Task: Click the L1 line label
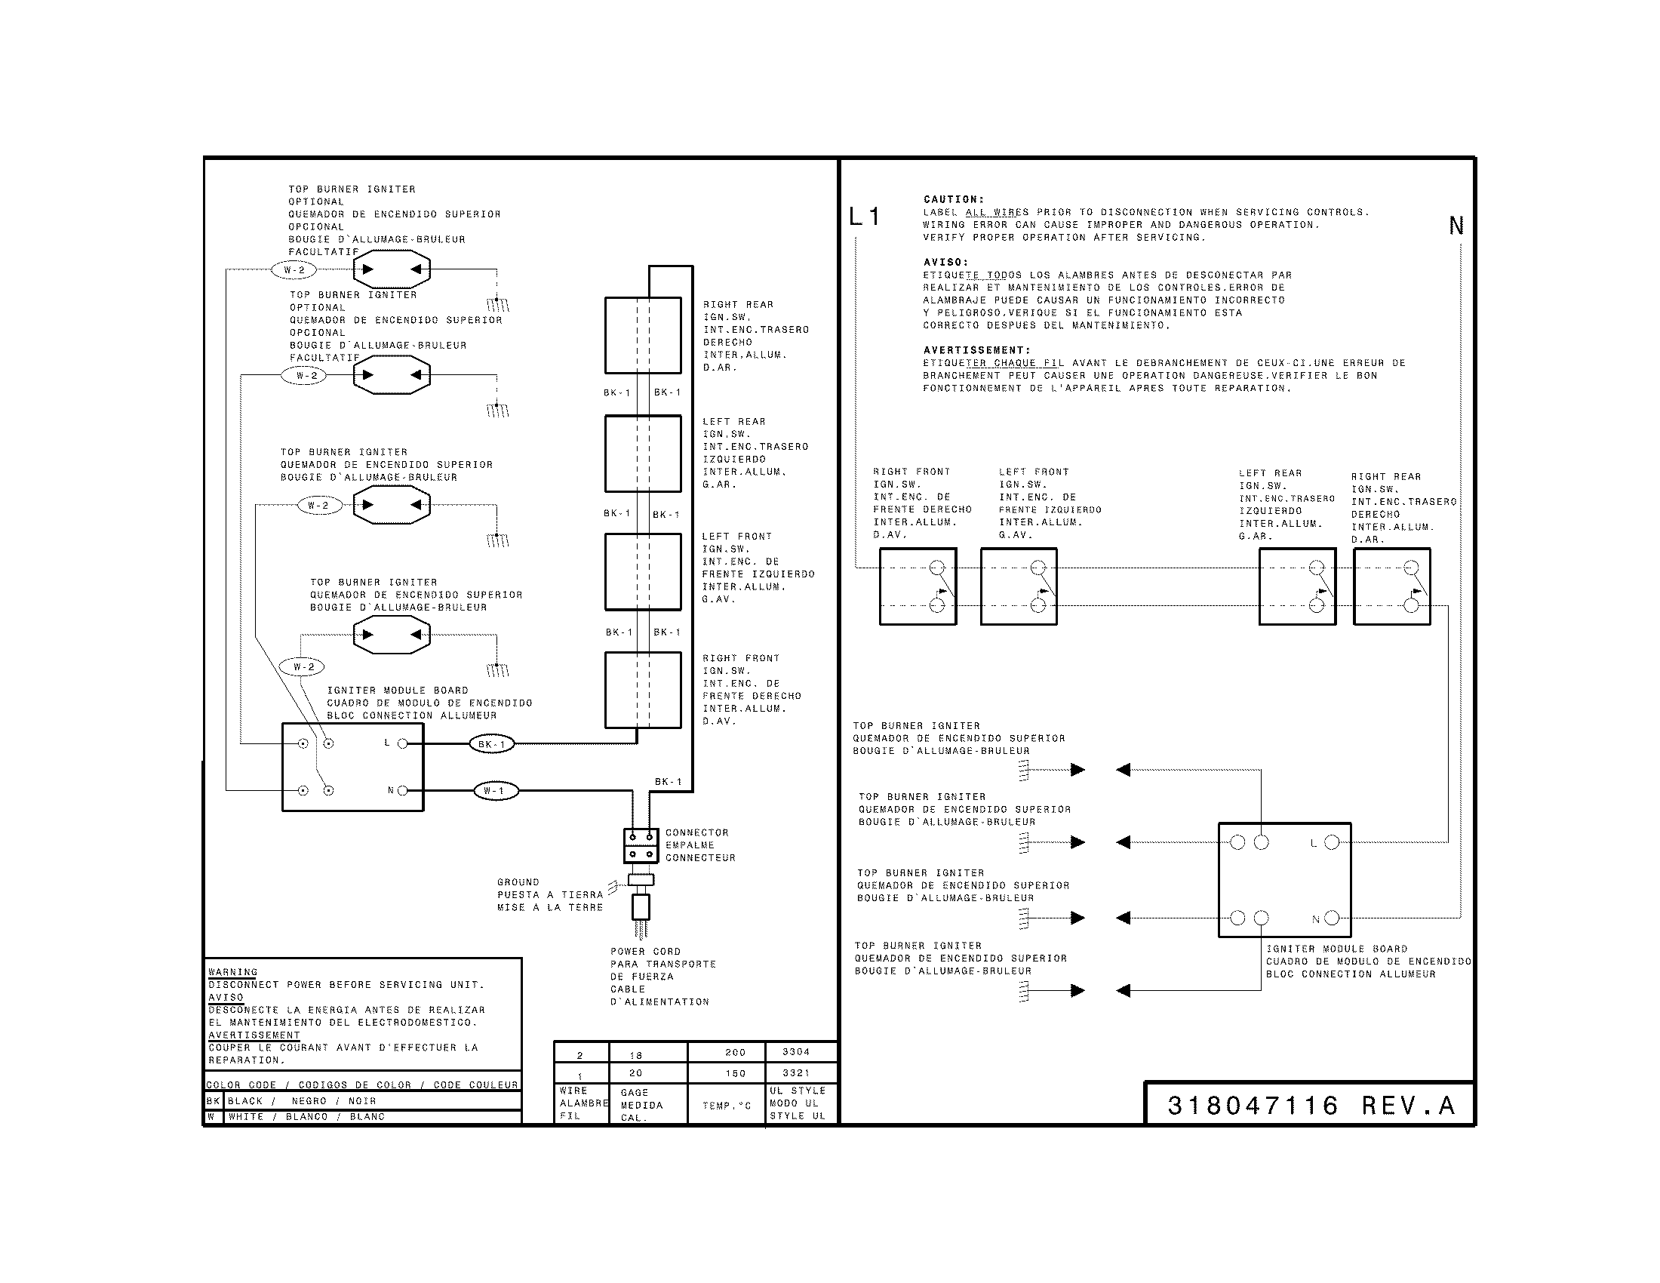[864, 217]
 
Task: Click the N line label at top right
[1456, 226]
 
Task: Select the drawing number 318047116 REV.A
[1311, 1105]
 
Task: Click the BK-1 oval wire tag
[492, 744]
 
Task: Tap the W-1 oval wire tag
[495, 791]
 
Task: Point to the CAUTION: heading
[953, 200]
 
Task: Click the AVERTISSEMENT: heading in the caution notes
[976, 350]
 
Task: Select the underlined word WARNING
[232, 972]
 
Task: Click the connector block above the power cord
[641, 845]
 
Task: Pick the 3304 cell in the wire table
[796, 1052]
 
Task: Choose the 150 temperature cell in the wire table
[735, 1073]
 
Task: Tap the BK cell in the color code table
[213, 1100]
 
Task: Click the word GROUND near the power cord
[518, 882]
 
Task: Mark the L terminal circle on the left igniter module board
[402, 743]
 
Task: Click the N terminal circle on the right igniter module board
[1331, 918]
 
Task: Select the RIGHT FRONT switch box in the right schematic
[918, 586]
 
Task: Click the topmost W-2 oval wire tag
[294, 270]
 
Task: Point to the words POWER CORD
[645, 952]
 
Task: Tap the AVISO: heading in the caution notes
[945, 262]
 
